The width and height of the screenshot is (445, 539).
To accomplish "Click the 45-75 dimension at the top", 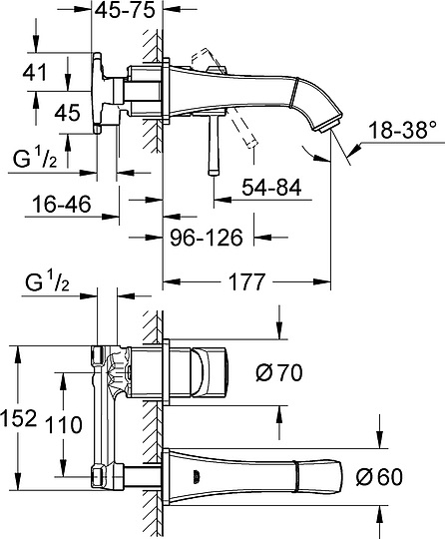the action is click(x=125, y=10).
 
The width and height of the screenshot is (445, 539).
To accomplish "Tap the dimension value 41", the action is click(x=34, y=73).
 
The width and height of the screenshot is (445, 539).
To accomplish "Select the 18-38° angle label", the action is click(x=402, y=130).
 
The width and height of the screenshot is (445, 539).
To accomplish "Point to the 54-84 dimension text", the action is click(x=271, y=188).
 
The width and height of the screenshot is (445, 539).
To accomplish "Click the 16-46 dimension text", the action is click(x=62, y=204).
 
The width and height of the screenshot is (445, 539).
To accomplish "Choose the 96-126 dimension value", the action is click(x=207, y=238).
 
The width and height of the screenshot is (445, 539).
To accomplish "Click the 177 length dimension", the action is click(x=247, y=281).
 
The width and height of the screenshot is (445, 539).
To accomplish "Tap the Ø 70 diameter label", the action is click(x=279, y=372).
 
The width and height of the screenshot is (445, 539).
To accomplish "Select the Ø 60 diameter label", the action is click(x=379, y=477).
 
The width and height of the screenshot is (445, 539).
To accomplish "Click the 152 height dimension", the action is click(x=18, y=418).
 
